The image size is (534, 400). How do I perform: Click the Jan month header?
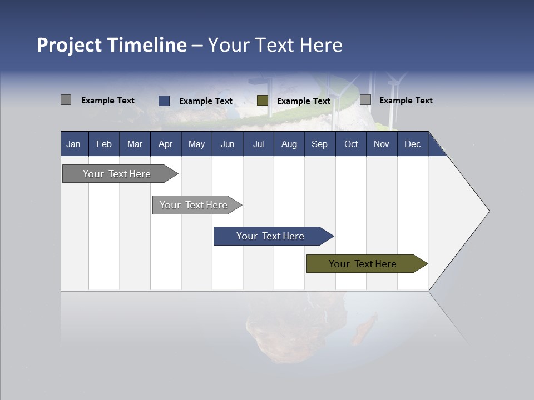coord(73,144)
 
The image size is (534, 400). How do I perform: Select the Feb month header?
coord(104,144)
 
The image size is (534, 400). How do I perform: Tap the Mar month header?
coord(135,144)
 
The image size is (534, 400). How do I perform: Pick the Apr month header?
coord(165,144)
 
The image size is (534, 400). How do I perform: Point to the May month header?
coord(196,144)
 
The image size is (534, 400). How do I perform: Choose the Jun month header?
coord(228,144)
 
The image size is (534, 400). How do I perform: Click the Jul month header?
coord(258,144)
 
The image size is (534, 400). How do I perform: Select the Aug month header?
coord(289,144)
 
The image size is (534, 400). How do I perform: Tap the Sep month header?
coord(319,144)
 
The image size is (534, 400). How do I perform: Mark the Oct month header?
coord(351,144)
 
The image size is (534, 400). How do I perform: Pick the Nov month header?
coord(382,144)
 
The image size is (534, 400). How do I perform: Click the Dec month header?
coord(412,144)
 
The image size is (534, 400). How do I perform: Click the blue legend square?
coord(164,101)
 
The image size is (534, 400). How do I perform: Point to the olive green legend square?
coord(263,101)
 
